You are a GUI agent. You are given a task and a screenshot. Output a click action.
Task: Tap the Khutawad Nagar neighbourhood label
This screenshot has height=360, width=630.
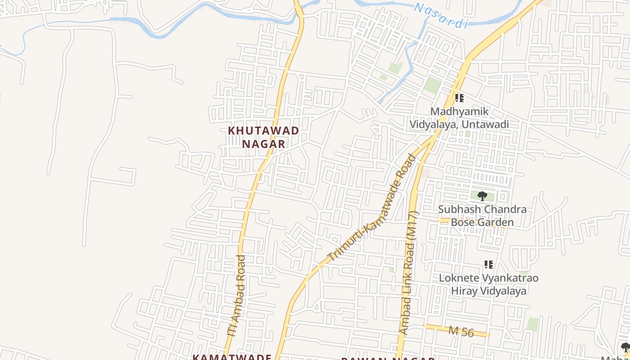point(264,137)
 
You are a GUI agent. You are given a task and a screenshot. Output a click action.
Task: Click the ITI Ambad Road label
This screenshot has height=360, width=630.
point(237,296)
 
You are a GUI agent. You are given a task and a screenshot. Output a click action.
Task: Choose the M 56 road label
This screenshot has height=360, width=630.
point(461,332)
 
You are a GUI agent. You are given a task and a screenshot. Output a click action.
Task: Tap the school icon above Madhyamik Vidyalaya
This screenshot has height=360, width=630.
point(459,98)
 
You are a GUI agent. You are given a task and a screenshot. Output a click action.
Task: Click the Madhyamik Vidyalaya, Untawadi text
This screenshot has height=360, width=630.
point(459,118)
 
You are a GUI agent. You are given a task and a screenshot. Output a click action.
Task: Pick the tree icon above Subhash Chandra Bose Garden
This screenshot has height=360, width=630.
point(482,196)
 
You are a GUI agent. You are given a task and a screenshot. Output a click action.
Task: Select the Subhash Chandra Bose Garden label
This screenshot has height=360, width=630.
point(482,216)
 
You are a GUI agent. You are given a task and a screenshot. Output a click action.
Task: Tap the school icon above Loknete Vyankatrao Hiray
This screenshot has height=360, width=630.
point(488,265)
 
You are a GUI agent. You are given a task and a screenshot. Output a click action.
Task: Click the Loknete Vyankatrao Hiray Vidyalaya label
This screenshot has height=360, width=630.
point(489,284)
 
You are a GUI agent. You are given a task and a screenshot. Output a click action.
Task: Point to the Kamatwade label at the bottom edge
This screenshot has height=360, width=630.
point(232,357)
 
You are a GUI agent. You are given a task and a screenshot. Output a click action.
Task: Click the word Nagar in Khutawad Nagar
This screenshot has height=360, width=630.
point(264,144)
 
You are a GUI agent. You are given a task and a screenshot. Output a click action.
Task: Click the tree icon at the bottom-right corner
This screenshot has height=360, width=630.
point(625,347)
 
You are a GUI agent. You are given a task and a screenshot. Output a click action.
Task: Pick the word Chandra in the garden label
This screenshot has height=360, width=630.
point(510,210)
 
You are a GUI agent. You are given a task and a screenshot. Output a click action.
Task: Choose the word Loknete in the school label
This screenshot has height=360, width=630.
point(459,278)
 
